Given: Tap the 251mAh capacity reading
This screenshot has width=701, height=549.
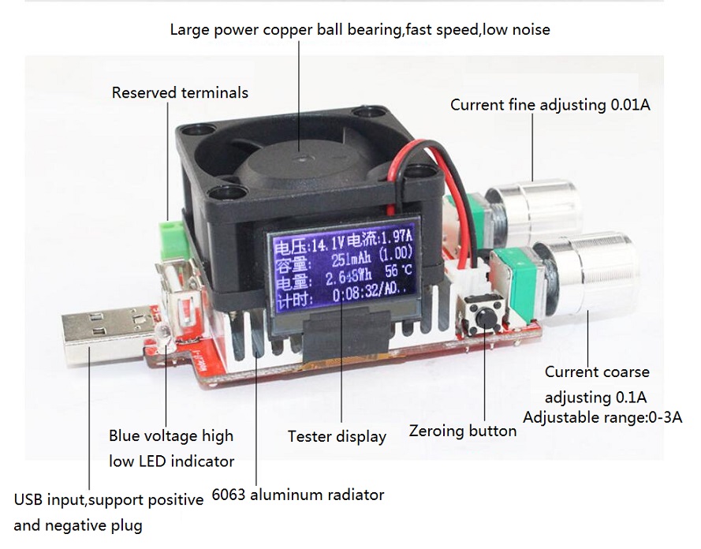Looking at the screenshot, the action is point(351,260).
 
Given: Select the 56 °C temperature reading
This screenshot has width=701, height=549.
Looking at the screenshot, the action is point(398,271).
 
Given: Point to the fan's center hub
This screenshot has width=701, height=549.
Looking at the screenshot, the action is point(304,158).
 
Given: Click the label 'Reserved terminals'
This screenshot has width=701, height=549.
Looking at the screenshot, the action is point(180,92).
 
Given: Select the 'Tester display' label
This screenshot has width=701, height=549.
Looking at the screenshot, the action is point(337,436).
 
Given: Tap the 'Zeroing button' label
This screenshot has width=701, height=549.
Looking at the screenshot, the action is point(463,431).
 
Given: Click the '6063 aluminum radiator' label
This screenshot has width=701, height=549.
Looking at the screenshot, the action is point(298,495).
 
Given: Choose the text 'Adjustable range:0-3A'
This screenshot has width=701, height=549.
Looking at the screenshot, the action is point(602,417).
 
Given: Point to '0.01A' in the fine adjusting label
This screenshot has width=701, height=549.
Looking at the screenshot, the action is point(630,105).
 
